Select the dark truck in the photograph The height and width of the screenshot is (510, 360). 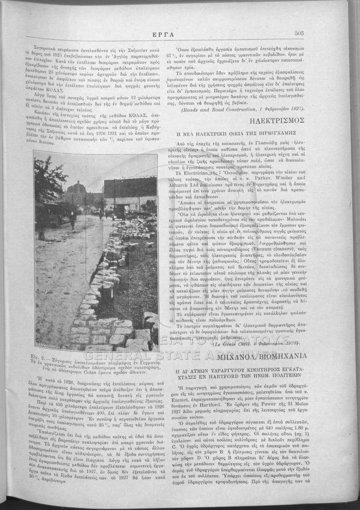click(x=119, y=211)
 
